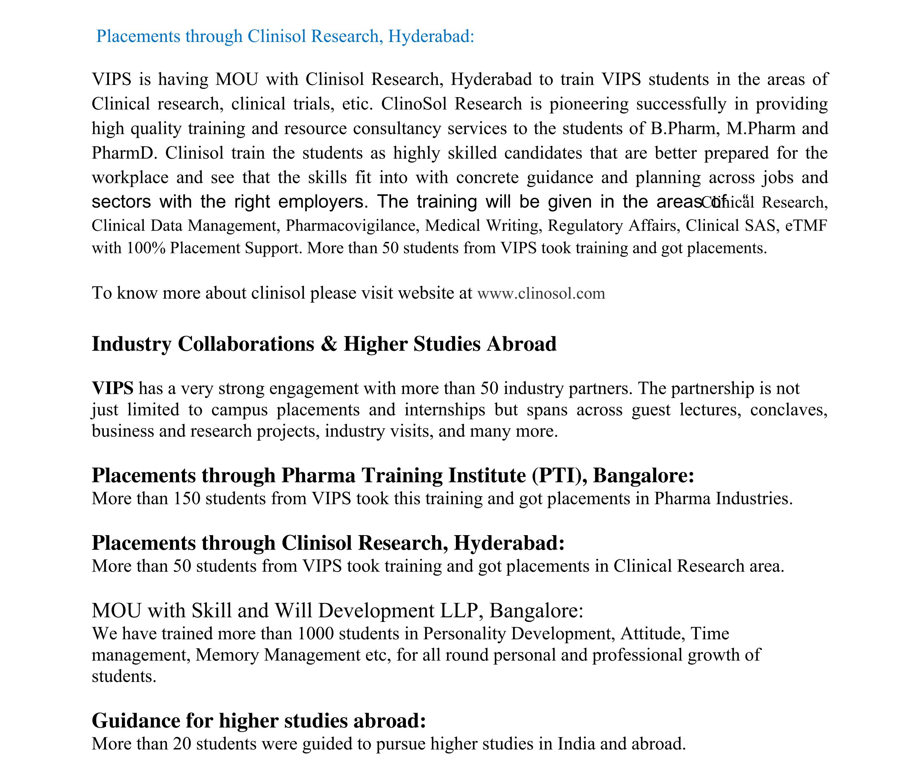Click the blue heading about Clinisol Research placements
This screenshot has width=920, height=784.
285,36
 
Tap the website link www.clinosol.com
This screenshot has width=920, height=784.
541,293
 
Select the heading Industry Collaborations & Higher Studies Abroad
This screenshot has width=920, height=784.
324,344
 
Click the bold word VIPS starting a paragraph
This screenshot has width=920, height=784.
112,388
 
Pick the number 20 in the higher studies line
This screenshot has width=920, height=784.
182,744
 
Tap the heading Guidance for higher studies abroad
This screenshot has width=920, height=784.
258,721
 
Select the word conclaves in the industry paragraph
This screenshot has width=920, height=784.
788,409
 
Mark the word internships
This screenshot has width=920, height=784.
444,409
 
